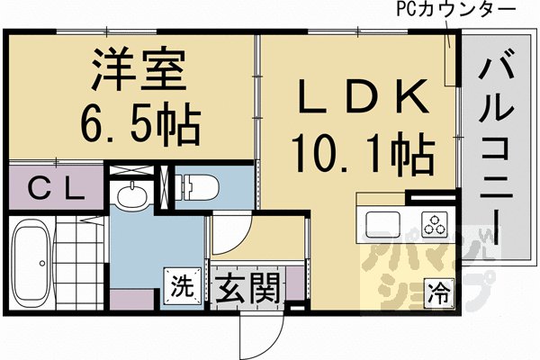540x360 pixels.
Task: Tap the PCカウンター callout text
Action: click(x=454, y=11)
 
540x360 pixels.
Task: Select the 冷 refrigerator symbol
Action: click(x=438, y=292)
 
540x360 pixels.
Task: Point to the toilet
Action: click(x=195, y=186)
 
